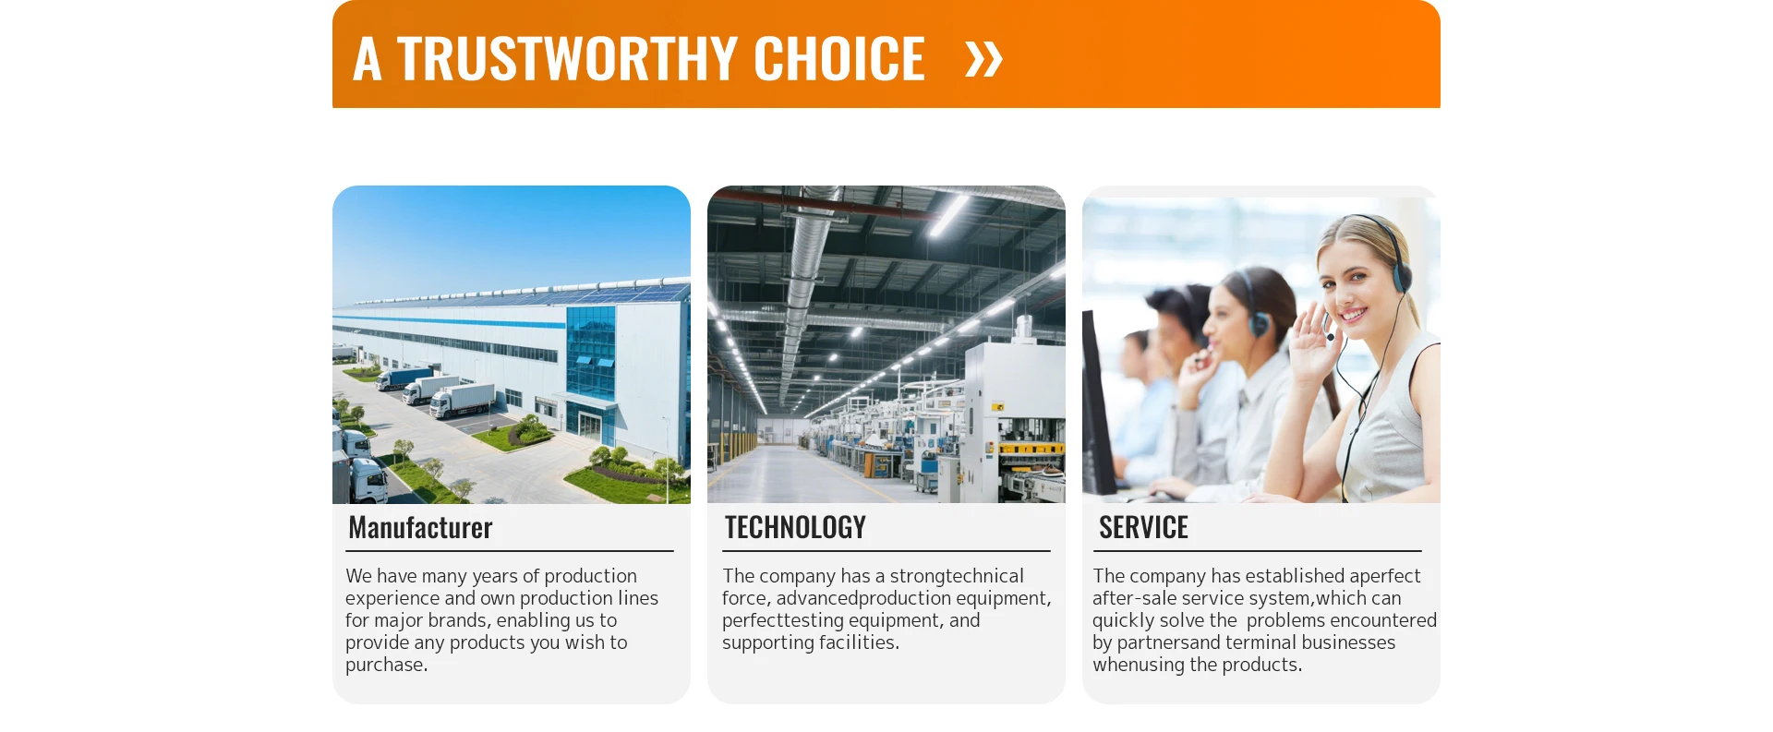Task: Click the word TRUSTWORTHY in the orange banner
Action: (x=567, y=59)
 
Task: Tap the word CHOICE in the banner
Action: (x=839, y=59)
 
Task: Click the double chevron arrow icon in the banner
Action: (x=983, y=59)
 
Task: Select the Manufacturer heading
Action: (x=420, y=527)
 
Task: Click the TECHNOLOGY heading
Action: (x=795, y=527)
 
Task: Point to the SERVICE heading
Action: (x=1143, y=527)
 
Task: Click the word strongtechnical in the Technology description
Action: (x=957, y=576)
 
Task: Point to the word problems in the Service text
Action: (x=1285, y=620)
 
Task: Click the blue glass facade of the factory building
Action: (x=590, y=355)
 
